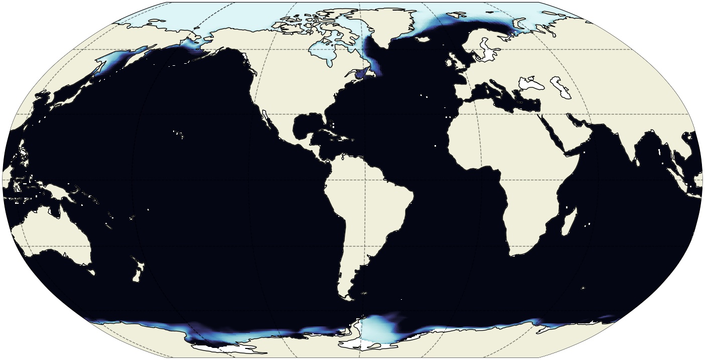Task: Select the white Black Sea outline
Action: tap(531, 83)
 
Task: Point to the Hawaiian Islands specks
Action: tap(179, 135)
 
